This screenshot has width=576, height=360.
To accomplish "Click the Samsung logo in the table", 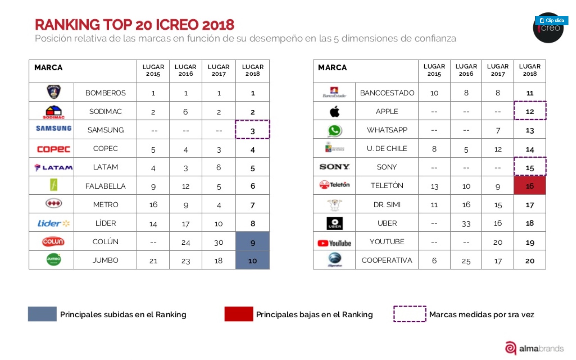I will click(53, 128).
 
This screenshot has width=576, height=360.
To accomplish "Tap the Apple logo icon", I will click(334, 112).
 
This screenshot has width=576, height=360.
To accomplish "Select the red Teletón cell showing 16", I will click(529, 186).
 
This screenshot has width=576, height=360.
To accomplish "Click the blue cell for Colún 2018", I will click(252, 242).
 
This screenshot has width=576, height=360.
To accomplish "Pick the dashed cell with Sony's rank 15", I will click(529, 167).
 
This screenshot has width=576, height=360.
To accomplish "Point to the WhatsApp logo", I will click(334, 130).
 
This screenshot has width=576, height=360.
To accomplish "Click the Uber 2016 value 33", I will click(466, 224).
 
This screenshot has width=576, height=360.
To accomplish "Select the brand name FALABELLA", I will click(105, 186).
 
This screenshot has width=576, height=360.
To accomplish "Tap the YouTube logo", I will click(334, 243).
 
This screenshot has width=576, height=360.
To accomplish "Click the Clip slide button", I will click(551, 21).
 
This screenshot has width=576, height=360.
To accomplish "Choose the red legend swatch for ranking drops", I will click(239, 314).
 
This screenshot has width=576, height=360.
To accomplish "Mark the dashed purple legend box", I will click(410, 314).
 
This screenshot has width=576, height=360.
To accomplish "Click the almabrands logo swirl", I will click(510, 348).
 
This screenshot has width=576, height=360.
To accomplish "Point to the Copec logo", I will click(53, 149).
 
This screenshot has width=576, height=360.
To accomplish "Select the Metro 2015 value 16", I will click(153, 205).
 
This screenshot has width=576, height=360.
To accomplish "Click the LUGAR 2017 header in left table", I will click(218, 70).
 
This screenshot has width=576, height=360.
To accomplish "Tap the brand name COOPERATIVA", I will click(387, 260).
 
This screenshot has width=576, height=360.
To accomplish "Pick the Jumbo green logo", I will click(53, 259).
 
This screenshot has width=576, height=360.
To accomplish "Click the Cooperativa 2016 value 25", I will click(466, 261).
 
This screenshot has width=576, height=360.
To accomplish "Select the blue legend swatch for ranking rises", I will click(42, 314).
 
